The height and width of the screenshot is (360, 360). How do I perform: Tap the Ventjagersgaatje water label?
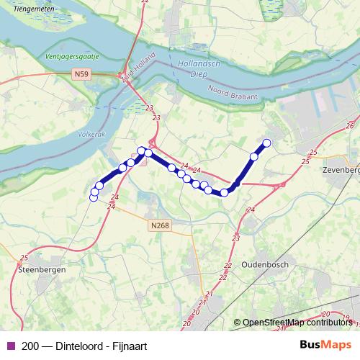pos(71,56)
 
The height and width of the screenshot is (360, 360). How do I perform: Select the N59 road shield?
pos(81,73)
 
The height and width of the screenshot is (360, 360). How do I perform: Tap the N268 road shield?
pos(161,225)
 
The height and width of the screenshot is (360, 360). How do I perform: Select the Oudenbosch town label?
pos(266,264)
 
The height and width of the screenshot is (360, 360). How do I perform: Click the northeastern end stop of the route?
pos(266,143)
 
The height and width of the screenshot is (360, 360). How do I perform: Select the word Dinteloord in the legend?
pos(75,346)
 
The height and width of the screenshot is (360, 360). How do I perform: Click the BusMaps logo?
pos(326,345)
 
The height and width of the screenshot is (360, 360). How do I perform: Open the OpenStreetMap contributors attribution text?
pos(297,323)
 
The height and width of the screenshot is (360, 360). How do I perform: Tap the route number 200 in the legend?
pos(31,346)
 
